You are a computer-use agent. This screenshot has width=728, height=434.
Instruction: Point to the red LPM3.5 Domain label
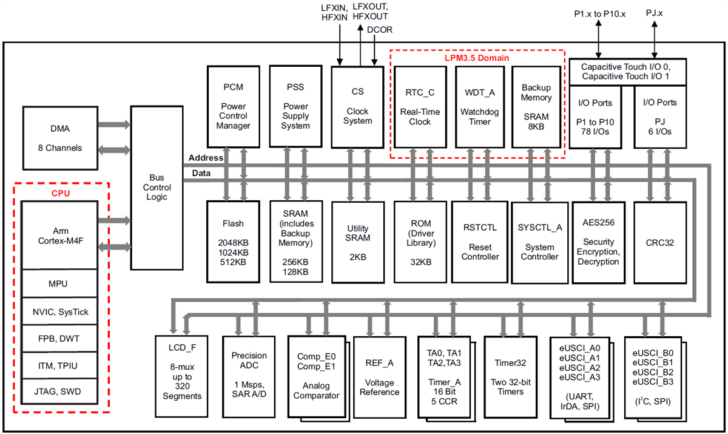(x=477, y=58)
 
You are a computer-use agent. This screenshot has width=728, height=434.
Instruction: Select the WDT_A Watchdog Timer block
(x=479, y=107)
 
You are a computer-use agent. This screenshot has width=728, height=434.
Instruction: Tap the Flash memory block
(x=233, y=241)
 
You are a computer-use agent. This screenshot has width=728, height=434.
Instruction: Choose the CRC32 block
(x=661, y=241)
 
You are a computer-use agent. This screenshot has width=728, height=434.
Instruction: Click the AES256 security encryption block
(x=598, y=241)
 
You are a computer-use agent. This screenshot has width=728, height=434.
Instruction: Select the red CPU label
(x=60, y=193)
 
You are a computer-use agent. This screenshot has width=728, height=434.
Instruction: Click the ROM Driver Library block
(x=419, y=241)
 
